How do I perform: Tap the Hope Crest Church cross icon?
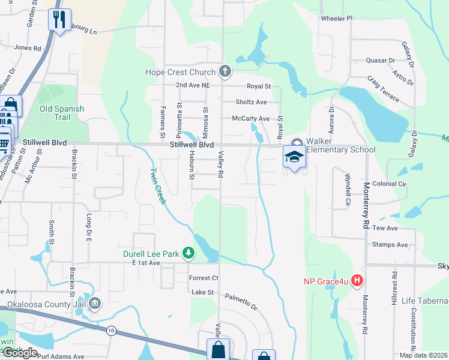[x=225, y=73]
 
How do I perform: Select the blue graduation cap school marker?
[x=294, y=157]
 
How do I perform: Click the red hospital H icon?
[x=358, y=280]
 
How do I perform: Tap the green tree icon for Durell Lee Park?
[x=188, y=254]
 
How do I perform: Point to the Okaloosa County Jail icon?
[x=94, y=304]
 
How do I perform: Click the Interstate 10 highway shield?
[x=112, y=331]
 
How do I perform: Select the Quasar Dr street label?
[x=381, y=61]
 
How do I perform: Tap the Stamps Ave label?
[x=390, y=245]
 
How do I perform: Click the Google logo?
[x=20, y=353]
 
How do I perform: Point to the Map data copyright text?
[x=423, y=355]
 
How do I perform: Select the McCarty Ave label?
[x=252, y=119]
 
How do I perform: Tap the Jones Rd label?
[x=27, y=47]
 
